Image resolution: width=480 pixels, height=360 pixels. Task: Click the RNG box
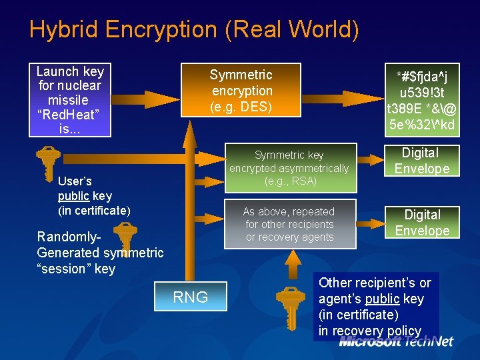pos(191,296)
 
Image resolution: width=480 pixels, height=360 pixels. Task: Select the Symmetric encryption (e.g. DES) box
pos(241,90)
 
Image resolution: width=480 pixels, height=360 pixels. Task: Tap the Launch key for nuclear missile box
pos(70,100)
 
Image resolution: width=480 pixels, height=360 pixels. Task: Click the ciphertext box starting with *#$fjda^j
pos(422,100)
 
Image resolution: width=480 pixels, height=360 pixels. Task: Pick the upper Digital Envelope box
pos(422,161)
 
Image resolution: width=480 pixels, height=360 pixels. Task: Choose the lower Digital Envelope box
pos(422,222)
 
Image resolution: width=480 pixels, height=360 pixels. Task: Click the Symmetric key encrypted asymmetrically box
pos(291,168)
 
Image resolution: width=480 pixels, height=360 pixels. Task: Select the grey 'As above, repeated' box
pos(290,224)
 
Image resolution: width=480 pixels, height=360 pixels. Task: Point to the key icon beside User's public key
pos(48,164)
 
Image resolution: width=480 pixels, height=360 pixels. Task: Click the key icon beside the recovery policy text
pos(291,308)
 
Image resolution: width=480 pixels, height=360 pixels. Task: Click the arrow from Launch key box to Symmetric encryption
pos(145,99)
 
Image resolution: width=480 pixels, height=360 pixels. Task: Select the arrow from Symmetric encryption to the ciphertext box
pos(343,99)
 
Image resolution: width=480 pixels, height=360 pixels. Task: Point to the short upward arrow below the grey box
pos(293,264)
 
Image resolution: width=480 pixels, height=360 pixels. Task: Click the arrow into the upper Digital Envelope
pos(371,160)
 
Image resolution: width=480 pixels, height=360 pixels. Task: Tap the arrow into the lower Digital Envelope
pos(371,224)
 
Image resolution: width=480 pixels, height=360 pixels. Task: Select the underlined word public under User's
pos(73,196)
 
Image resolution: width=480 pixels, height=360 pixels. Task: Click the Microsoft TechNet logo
pos(396,341)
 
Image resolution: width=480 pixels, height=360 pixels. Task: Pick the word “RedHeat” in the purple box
pos(68,115)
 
